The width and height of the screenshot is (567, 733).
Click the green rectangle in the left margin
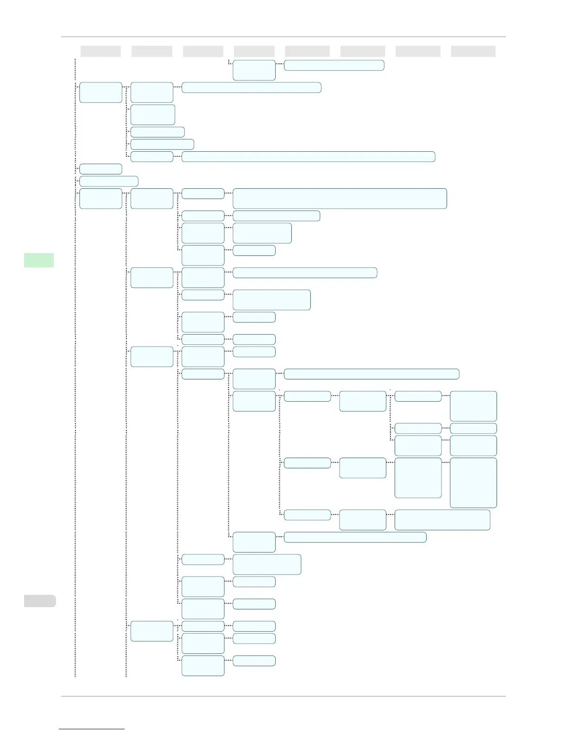(x=39, y=260)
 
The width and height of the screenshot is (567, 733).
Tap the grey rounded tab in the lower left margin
(x=40, y=601)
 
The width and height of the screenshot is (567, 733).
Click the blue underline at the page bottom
(x=92, y=729)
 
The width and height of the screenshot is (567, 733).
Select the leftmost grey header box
(x=101, y=51)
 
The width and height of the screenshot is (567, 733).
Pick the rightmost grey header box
(x=473, y=51)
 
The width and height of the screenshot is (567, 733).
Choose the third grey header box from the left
(x=203, y=51)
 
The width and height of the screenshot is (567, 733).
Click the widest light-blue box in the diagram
(x=308, y=156)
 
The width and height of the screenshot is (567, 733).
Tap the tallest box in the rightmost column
(x=473, y=483)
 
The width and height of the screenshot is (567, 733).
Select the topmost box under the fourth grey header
(x=254, y=70)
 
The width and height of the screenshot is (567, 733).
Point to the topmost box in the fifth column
(x=334, y=65)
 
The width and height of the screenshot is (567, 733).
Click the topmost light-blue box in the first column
(x=101, y=93)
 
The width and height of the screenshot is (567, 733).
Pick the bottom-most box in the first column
(x=101, y=199)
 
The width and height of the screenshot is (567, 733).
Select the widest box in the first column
(x=108, y=181)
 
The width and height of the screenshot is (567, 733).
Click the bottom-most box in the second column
(x=151, y=631)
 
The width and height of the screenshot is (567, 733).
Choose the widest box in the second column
(x=162, y=144)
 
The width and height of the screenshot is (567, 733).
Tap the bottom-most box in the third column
(x=203, y=665)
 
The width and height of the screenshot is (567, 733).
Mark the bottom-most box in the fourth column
(x=254, y=661)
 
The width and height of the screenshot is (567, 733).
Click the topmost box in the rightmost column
(x=473, y=406)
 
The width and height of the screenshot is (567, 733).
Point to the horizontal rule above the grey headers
(x=283, y=37)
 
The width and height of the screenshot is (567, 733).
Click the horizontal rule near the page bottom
(x=283, y=696)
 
